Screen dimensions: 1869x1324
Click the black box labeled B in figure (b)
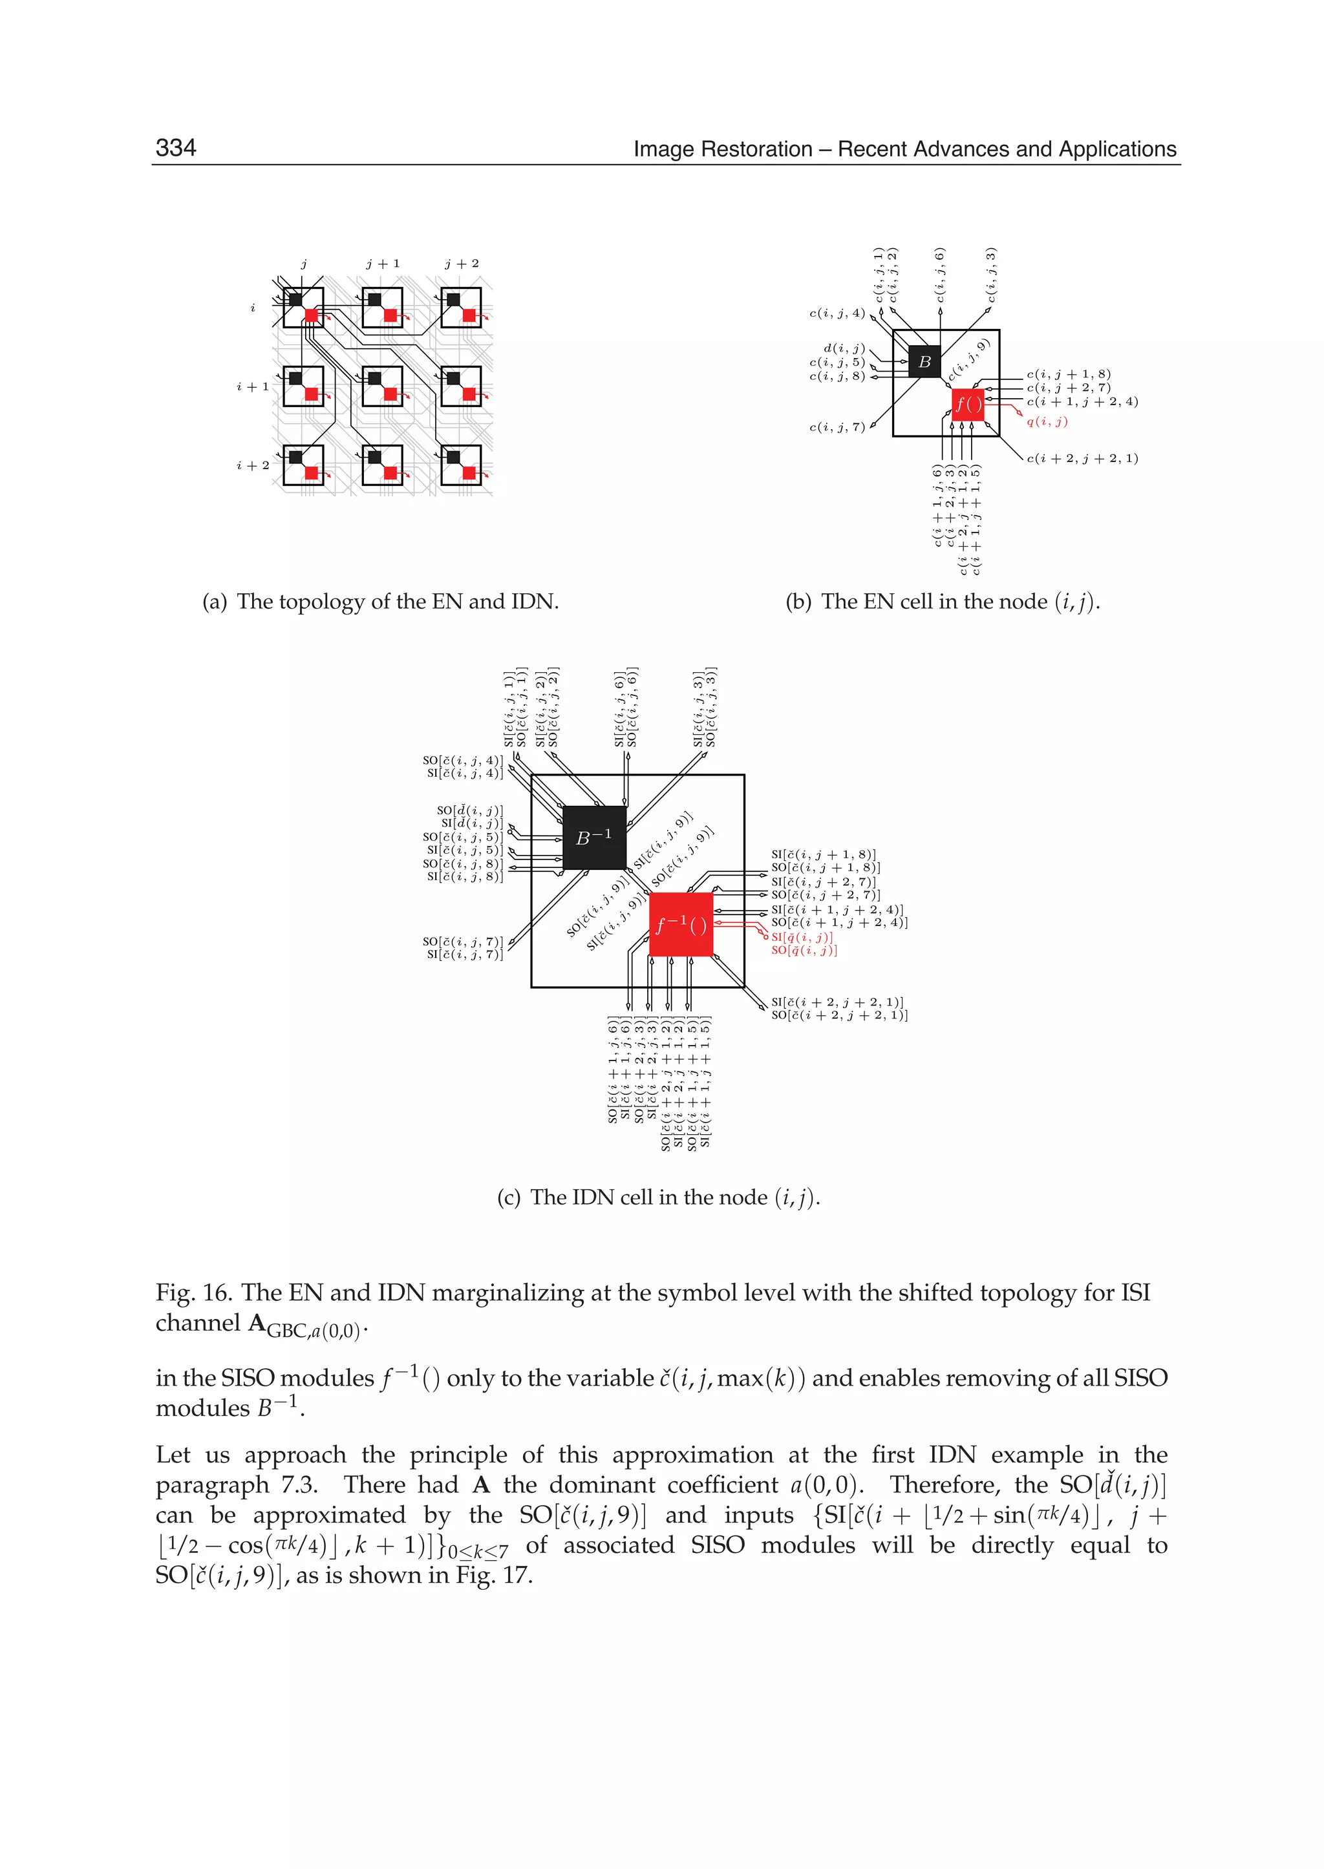point(924,361)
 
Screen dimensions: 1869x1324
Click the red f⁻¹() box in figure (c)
point(681,924)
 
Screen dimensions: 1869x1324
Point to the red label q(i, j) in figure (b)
point(1047,421)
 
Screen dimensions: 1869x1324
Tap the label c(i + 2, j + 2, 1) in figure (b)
point(1082,458)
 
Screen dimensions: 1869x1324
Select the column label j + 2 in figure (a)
point(462,263)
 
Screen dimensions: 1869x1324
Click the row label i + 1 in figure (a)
point(252,386)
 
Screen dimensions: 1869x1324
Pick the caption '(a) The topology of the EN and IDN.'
point(381,602)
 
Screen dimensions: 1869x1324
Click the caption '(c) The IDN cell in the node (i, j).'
point(658,1198)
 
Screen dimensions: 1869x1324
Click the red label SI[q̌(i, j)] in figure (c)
point(802,937)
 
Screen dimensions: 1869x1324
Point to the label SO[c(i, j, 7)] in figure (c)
point(462,942)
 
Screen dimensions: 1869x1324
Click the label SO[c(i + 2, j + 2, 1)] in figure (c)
point(839,1015)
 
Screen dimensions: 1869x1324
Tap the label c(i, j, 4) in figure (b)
point(837,313)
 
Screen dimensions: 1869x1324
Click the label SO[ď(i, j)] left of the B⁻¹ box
point(469,810)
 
